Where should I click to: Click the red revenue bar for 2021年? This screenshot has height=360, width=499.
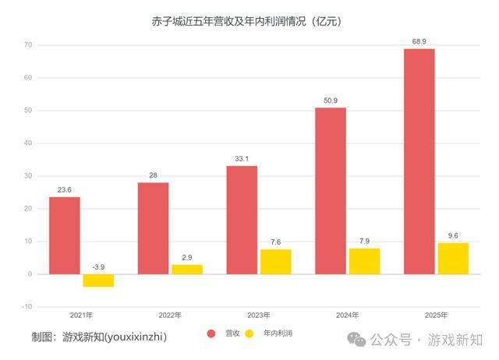tap(64, 235)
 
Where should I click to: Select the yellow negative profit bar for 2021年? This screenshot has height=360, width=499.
tap(98, 281)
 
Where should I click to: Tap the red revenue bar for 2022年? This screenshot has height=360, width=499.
tap(153, 228)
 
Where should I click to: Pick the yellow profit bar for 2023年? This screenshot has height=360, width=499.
tap(275, 262)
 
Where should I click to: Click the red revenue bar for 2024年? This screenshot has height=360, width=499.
tap(330, 191)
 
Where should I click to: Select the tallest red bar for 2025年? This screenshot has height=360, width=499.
tap(419, 161)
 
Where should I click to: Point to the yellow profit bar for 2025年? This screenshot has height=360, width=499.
tap(453, 259)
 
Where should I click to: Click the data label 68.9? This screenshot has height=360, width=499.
tap(419, 40)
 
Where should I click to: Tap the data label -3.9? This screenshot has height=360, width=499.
tap(98, 266)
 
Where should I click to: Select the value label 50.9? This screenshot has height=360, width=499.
tap(330, 99)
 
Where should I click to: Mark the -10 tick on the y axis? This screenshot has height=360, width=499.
tap(26, 307)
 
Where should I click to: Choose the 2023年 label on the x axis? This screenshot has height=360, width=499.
tap(258, 315)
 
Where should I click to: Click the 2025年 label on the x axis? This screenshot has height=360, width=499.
tap(436, 315)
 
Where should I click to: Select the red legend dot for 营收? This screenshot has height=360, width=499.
tap(211, 334)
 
